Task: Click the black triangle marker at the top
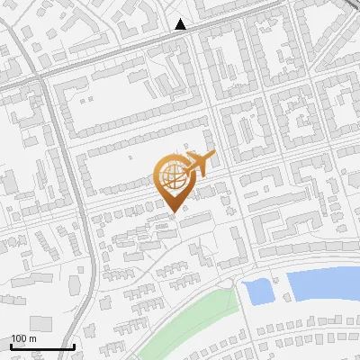[181, 24]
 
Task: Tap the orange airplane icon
[198, 165]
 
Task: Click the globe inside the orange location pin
[174, 176]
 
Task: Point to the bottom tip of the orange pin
[174, 212]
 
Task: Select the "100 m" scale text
[23, 338]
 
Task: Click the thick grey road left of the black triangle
[117, 50]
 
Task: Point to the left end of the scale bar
[11, 347]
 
